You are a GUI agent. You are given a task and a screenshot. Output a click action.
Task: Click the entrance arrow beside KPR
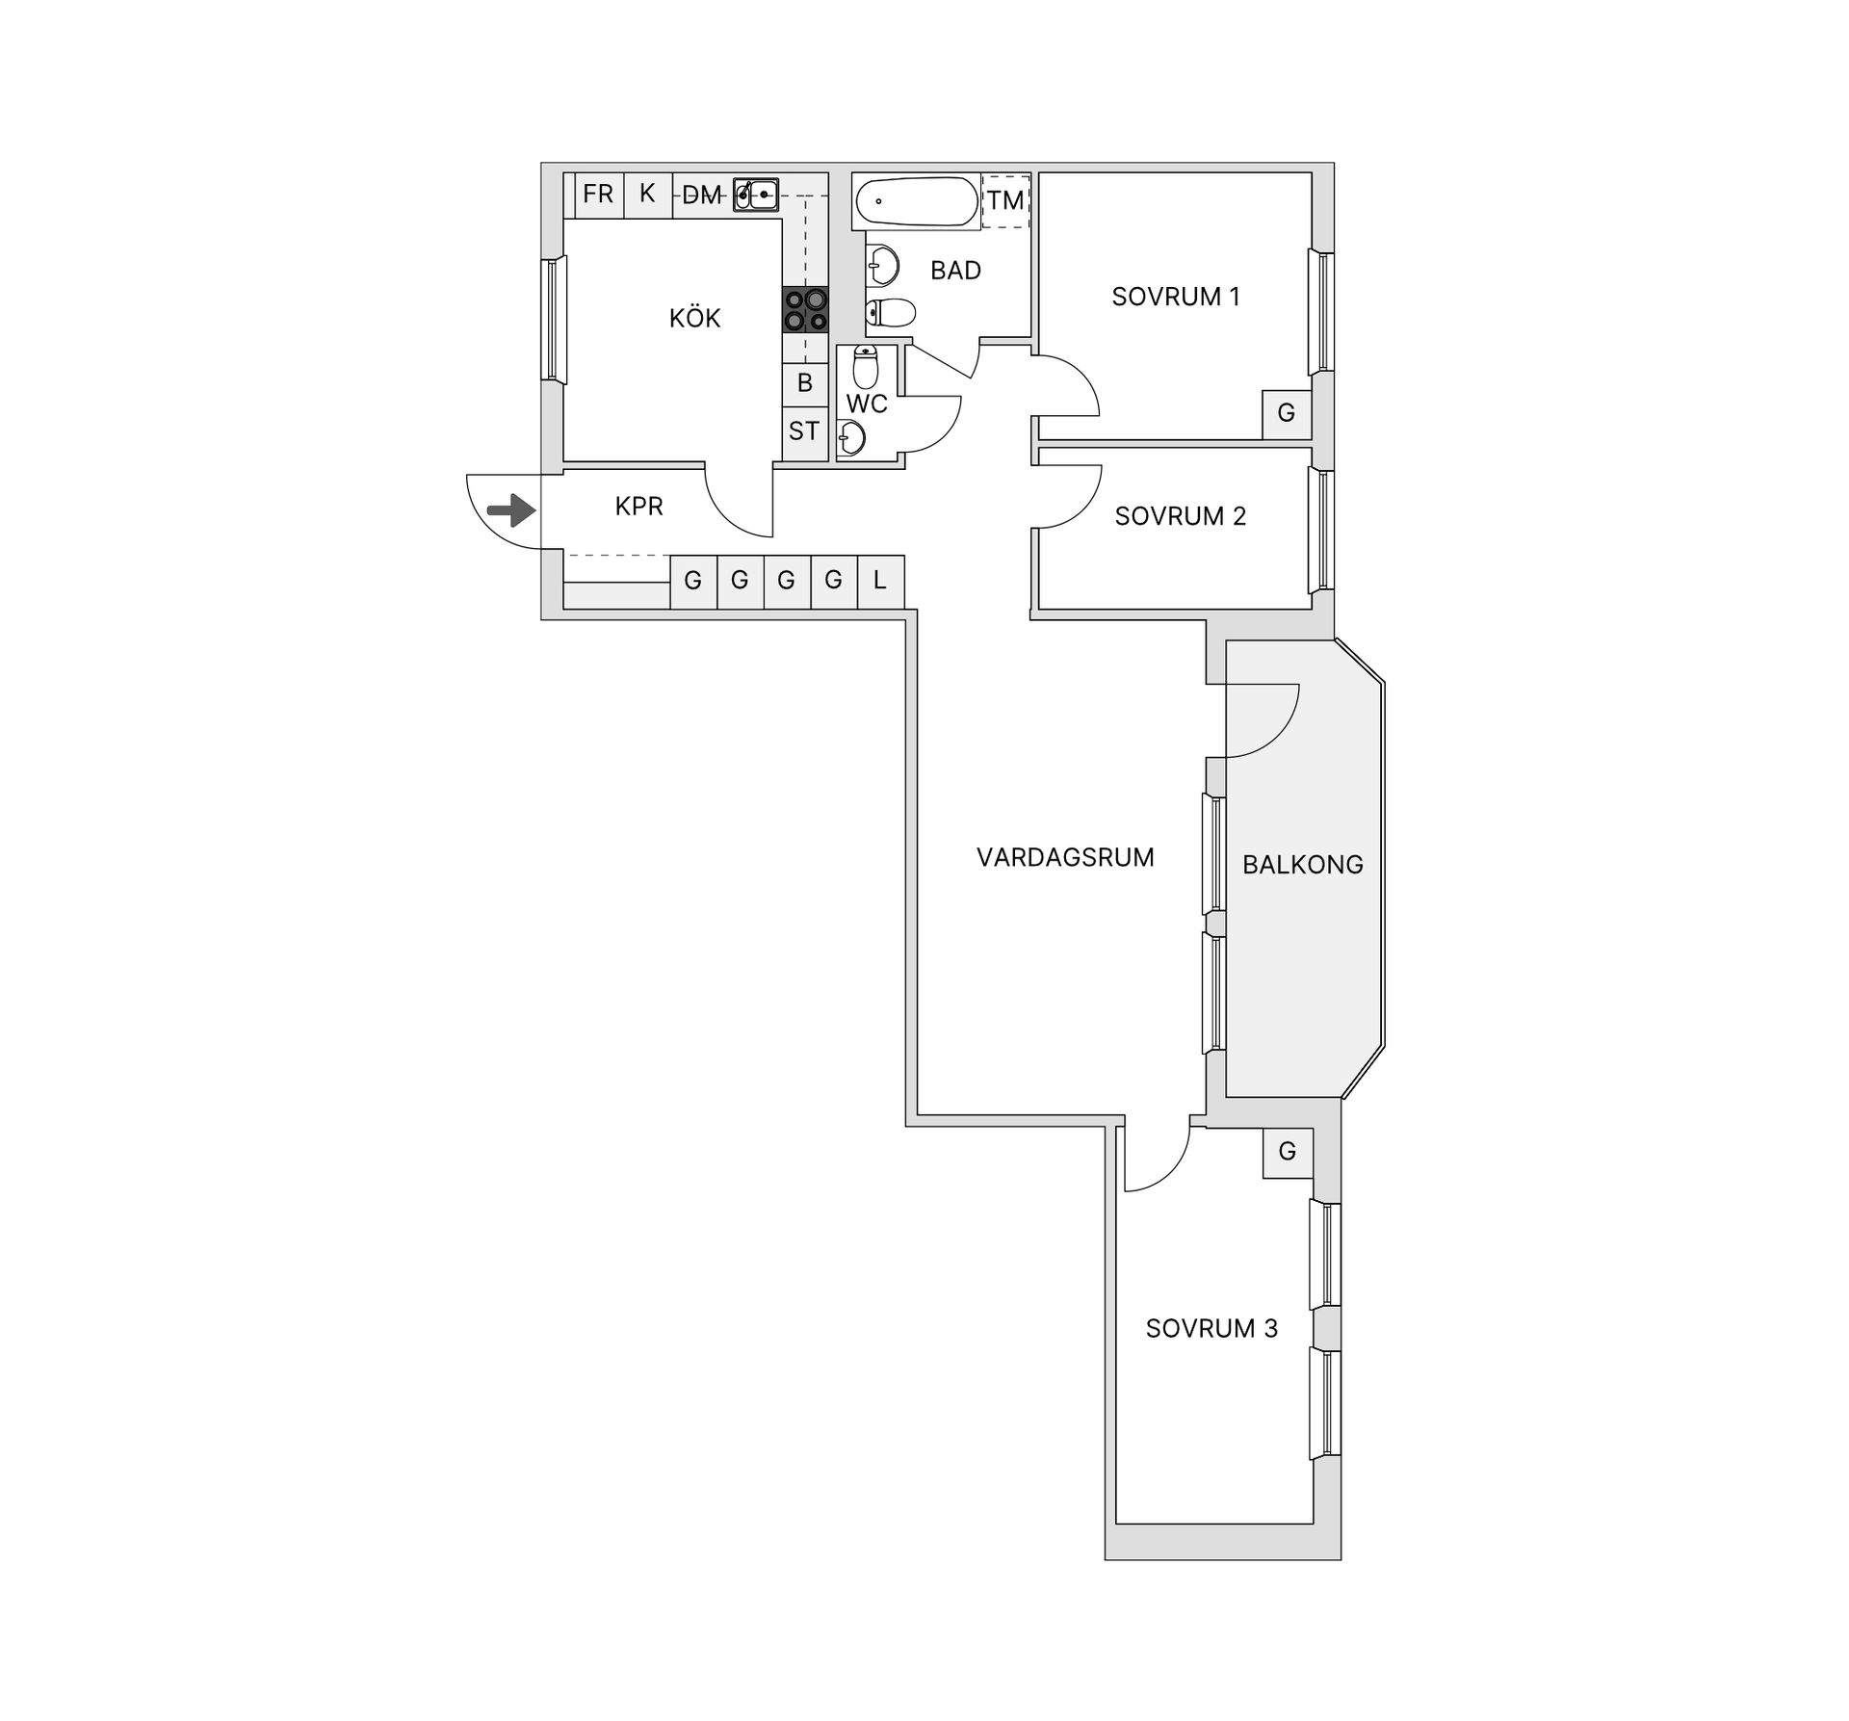pyautogui.click(x=511, y=510)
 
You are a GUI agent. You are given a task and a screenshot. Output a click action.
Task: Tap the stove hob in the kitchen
pyautogui.click(x=805, y=310)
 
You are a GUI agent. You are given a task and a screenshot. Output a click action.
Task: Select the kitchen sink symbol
pyautogui.click(x=756, y=195)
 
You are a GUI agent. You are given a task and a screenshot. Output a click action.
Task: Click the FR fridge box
pyautogui.click(x=599, y=195)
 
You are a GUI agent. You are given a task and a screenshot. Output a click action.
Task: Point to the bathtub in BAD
pyautogui.click(x=916, y=201)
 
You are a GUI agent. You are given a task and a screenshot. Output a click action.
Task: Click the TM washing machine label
pyautogui.click(x=1005, y=200)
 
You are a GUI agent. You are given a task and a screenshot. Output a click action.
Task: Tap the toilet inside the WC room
pyautogui.click(x=866, y=367)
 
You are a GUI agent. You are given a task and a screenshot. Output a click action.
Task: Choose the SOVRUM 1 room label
pyautogui.click(x=1176, y=297)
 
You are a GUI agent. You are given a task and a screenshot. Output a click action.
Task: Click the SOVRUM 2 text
pyautogui.click(x=1181, y=516)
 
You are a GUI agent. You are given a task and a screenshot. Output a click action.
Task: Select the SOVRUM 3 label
pyautogui.click(x=1211, y=1328)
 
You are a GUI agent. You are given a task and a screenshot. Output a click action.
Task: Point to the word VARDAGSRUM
pyautogui.click(x=1065, y=857)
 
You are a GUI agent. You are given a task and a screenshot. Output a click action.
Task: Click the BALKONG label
pyautogui.click(x=1303, y=865)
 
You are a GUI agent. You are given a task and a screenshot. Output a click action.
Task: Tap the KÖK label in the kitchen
pyautogui.click(x=695, y=318)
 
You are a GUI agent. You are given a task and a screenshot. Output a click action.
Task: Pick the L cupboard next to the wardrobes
pyautogui.click(x=880, y=581)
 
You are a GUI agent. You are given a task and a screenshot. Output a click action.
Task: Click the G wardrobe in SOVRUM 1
pyautogui.click(x=1287, y=414)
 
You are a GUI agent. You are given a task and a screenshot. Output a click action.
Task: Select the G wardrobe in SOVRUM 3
pyautogui.click(x=1288, y=1152)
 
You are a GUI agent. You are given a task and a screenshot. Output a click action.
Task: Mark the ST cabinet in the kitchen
pyautogui.click(x=805, y=431)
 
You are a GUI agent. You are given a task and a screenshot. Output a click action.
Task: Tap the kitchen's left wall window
pyautogui.click(x=553, y=319)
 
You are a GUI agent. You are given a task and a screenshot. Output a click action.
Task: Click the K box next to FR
pyautogui.click(x=647, y=195)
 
